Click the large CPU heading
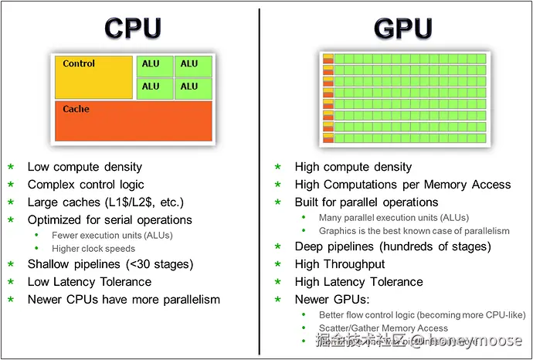pos(133,29)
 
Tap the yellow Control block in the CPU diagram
pos(93,77)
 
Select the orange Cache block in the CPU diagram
pos(133,121)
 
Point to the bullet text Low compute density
pos(85,167)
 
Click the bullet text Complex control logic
pos(86,185)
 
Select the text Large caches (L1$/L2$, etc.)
pos(106,202)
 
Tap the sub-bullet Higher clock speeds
pos(93,249)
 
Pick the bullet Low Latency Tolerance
pos(90,282)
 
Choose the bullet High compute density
pos(353,167)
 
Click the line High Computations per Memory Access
pos(402,185)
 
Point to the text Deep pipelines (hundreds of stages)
pos(392,246)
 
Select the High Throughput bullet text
pos(340,264)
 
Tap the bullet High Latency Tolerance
pos(358,282)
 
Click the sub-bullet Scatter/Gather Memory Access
pos(383,328)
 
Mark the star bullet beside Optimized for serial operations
pos(11,220)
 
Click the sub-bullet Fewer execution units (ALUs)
pos(112,236)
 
